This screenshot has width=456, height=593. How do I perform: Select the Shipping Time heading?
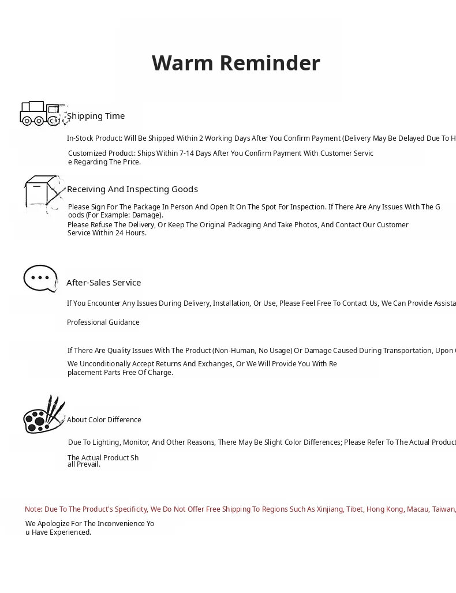pyautogui.click(x=96, y=116)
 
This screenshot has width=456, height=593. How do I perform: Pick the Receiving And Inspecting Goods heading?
pyautogui.click(x=132, y=189)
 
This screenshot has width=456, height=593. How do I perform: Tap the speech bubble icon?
pyautogui.click(x=40, y=279)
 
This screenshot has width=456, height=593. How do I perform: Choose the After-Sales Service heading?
pyautogui.click(x=103, y=283)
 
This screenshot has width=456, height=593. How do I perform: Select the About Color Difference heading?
pyautogui.click(x=104, y=420)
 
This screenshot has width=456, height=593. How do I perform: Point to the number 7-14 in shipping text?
pyautogui.click(x=186, y=153)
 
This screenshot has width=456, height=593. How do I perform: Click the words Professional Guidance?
pyautogui.click(x=103, y=322)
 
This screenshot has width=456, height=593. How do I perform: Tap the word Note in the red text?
pyautogui.click(x=33, y=509)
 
